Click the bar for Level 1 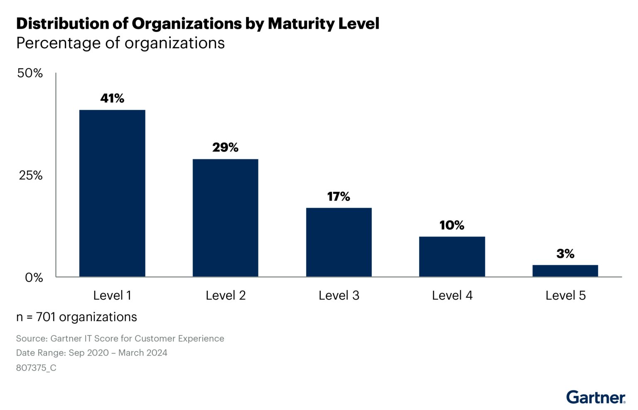112,193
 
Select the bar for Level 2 225,218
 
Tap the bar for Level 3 339,242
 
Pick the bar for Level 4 452,256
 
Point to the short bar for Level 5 565,271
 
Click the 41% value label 112,98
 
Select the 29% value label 225,147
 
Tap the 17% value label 339,196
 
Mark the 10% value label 452,225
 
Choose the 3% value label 565,254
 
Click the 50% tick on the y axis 30,73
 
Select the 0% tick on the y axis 34,277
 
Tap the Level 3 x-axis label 339,295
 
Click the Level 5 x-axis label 565,295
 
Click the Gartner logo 596,397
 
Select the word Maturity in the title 301,24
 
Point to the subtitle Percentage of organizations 120,43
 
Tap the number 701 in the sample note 46,317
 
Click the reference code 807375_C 36,368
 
